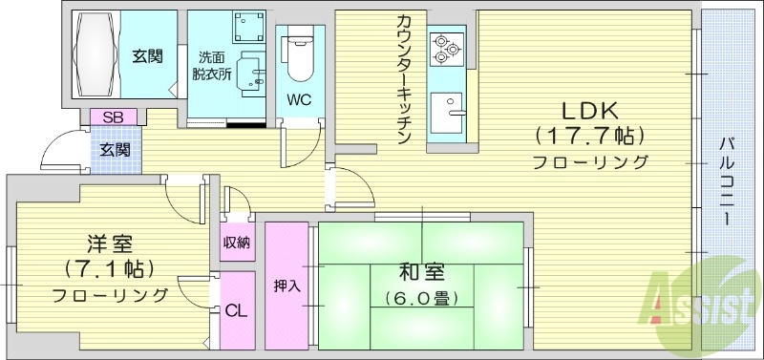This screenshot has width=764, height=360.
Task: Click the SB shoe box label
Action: (114, 116)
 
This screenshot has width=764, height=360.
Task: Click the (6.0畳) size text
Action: (421, 298)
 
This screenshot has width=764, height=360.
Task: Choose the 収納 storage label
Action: (237, 243)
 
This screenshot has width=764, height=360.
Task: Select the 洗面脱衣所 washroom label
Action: (211, 65)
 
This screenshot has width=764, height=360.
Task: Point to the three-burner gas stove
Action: (445, 48)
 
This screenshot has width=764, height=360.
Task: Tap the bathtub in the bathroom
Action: (93, 52)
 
